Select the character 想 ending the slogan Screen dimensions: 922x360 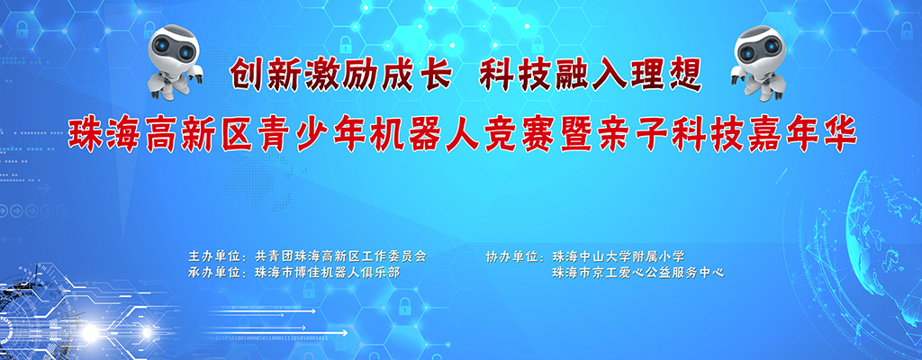684,76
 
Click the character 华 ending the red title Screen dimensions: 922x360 837,133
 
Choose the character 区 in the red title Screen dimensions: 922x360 233,133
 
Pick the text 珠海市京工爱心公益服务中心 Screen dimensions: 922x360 638,273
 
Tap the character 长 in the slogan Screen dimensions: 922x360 435,76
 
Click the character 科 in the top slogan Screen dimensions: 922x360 497,76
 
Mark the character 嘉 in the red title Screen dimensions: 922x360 762,133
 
